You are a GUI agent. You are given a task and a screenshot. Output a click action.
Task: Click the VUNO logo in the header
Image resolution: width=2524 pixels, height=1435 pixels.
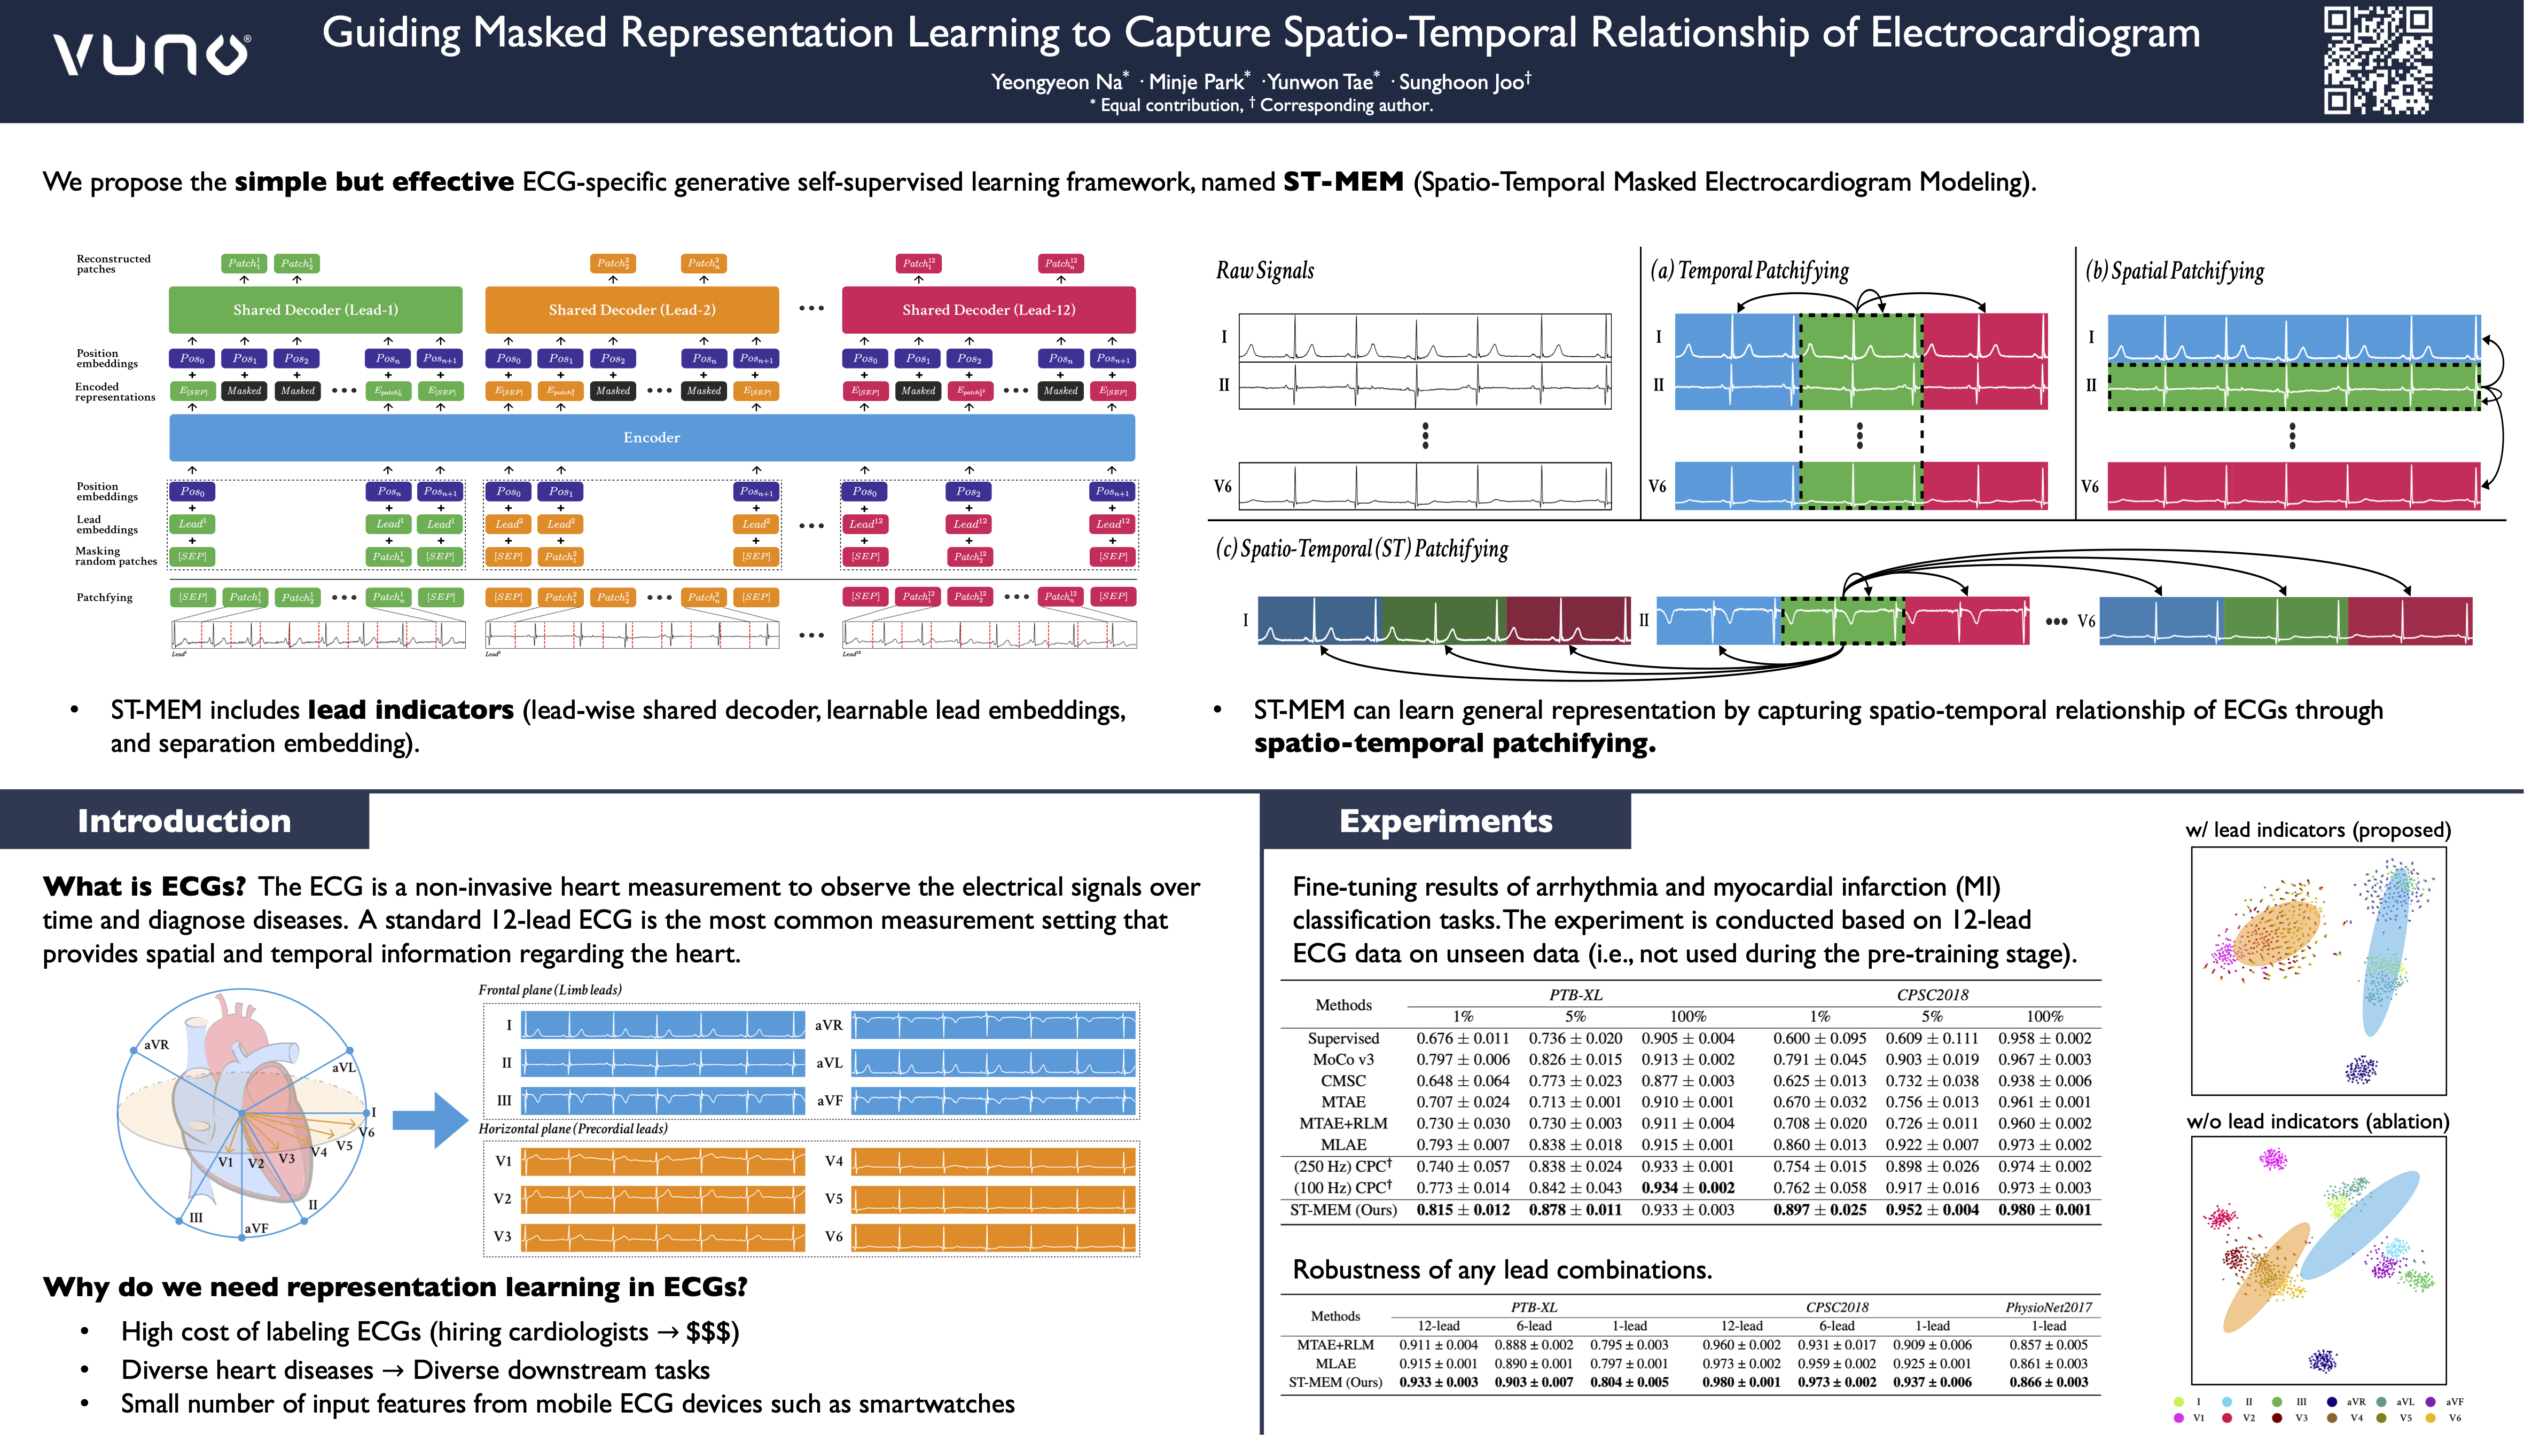pos(151,54)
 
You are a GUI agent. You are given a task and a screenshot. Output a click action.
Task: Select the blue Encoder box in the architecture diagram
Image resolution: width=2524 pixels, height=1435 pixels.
pos(652,437)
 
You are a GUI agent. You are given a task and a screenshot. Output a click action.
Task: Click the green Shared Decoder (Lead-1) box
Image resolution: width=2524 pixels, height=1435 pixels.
pos(315,309)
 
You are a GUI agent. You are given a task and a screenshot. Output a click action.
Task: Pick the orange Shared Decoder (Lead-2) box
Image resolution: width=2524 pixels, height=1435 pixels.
pos(632,309)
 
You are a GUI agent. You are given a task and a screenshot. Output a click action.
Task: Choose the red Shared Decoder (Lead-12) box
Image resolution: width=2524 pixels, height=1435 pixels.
pos(989,309)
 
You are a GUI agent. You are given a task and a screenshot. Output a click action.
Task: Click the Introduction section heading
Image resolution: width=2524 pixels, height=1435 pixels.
pos(184,821)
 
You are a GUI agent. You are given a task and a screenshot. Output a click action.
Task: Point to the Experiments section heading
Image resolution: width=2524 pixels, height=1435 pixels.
pos(1446,821)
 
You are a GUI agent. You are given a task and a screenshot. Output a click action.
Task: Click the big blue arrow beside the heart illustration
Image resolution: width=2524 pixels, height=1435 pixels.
pos(429,1119)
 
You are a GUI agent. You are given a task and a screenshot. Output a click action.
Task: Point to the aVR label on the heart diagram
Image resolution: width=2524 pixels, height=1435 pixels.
pos(157,1045)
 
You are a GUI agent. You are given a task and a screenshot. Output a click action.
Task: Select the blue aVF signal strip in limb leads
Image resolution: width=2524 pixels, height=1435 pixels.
pos(994,1100)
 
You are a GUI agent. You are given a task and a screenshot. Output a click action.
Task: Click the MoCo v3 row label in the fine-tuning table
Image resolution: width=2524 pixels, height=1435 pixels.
pos(1343,1060)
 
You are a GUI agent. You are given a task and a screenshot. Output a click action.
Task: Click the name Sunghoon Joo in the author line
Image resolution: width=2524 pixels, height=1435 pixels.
pos(1463,82)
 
